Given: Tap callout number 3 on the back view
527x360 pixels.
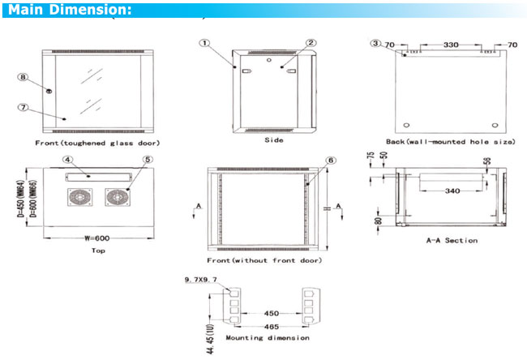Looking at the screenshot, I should (375, 43).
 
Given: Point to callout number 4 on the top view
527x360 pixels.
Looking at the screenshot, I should (68, 161).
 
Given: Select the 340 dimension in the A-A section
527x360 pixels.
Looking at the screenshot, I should (442, 192).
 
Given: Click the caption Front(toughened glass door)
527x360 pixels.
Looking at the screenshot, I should (97, 143).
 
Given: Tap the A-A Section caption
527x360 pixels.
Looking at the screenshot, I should (452, 240).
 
